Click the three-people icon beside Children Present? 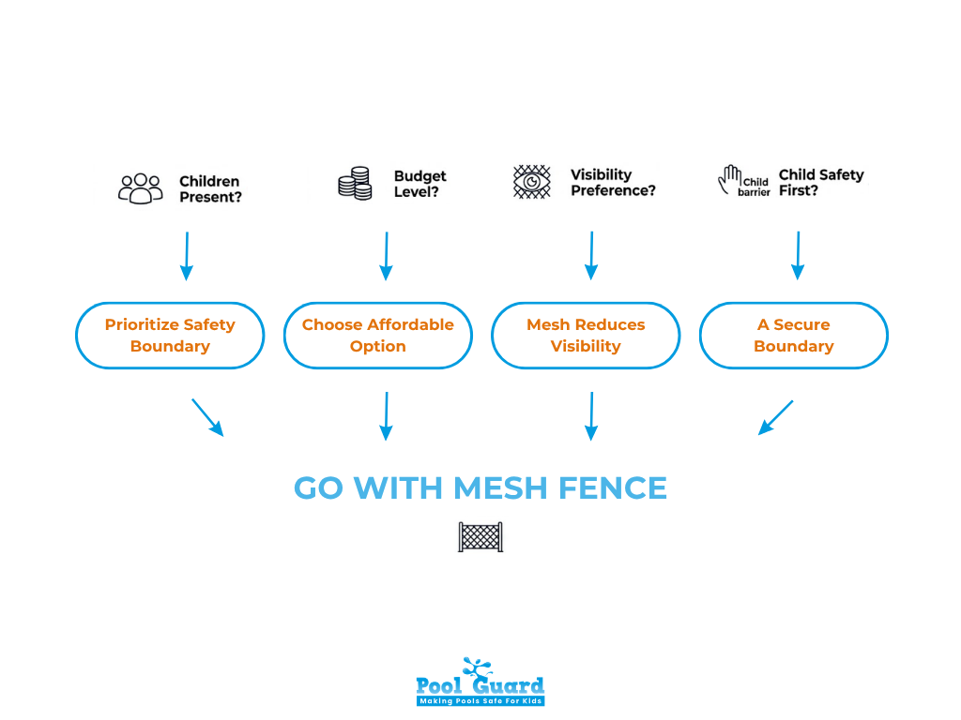click(x=140, y=188)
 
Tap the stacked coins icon click(x=355, y=183)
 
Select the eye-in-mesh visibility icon click(x=532, y=182)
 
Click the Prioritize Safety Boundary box click(x=170, y=336)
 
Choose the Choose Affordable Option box click(x=377, y=336)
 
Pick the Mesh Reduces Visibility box click(x=586, y=336)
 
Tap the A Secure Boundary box click(x=794, y=336)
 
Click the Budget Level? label click(x=419, y=184)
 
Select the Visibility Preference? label click(x=613, y=183)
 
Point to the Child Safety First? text click(x=820, y=183)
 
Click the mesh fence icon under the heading click(x=480, y=537)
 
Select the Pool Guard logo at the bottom click(x=480, y=681)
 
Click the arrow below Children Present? click(x=186, y=256)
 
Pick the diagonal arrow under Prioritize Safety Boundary click(x=207, y=417)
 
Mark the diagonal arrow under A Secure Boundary click(x=775, y=418)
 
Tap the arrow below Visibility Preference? click(x=591, y=256)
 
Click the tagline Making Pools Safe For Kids click(x=480, y=700)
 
